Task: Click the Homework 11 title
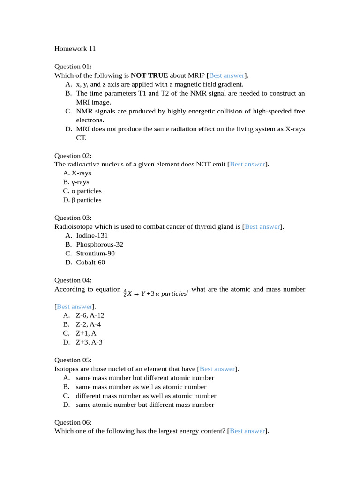point(75,48)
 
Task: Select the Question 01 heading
point(73,67)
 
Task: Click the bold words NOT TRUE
point(149,75)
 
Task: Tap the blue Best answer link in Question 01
point(226,75)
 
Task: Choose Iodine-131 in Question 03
point(92,235)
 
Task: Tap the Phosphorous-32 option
point(99,244)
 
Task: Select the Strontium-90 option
point(95,253)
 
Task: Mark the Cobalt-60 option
point(90,262)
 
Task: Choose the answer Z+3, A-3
point(89,342)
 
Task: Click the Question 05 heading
point(73,360)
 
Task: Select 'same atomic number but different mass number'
point(145,405)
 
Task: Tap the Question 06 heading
point(73,422)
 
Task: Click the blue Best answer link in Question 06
point(247,431)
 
